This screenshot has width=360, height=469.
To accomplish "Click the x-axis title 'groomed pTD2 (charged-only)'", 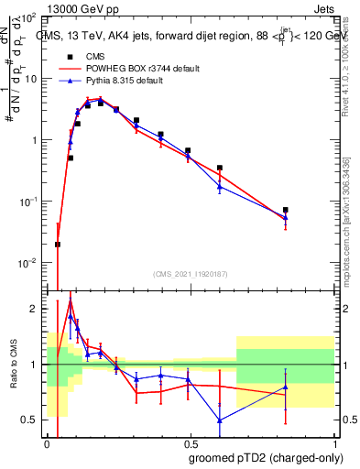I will [266, 457].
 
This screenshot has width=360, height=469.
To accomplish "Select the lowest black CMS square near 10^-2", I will [58, 245].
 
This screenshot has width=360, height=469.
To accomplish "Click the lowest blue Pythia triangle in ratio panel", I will [220, 420].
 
